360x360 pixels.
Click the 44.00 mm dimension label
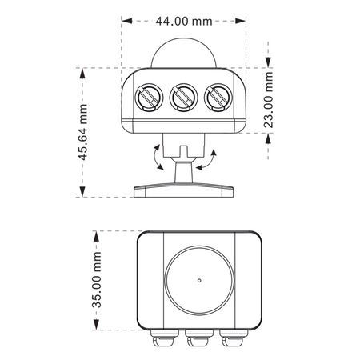click(x=184, y=21)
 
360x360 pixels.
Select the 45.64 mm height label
click(x=83, y=132)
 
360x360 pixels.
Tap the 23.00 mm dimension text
click(x=268, y=100)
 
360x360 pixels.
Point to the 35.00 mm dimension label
click(x=97, y=279)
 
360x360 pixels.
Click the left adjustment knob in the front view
click(x=149, y=98)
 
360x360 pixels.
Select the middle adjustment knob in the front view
click(x=183, y=98)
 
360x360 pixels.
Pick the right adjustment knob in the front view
click(x=218, y=98)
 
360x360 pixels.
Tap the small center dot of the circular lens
click(x=199, y=280)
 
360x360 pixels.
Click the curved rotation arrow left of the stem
click(x=156, y=158)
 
